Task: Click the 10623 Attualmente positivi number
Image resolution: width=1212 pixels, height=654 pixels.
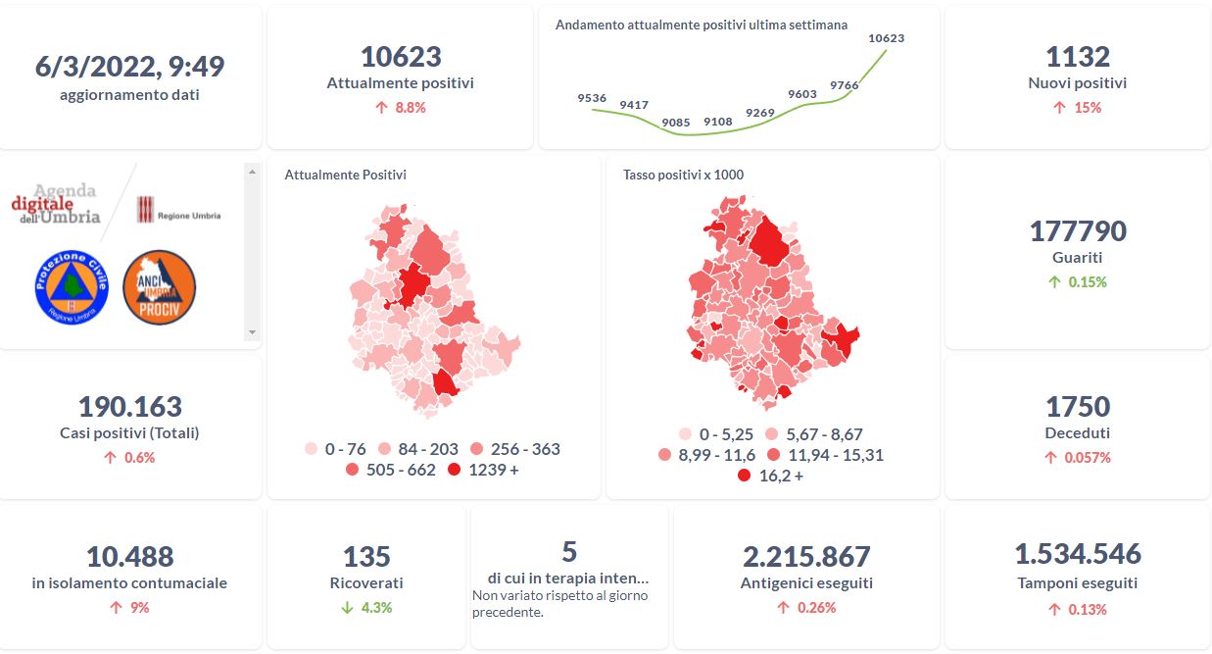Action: [401, 57]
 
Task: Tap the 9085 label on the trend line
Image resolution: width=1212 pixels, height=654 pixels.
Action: [676, 123]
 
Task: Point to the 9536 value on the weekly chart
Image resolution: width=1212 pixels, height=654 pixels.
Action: [592, 98]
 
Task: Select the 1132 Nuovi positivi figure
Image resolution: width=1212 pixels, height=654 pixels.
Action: [1077, 57]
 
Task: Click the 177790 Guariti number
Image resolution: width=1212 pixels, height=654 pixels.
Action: [1077, 231]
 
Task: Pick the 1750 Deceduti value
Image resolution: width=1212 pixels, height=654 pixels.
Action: [1077, 406]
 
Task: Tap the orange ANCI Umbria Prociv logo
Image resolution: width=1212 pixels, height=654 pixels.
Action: [159, 286]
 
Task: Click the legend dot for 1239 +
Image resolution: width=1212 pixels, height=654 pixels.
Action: [454, 471]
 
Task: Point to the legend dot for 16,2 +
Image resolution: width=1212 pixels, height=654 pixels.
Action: [744, 476]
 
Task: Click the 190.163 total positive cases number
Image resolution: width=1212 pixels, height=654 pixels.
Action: [129, 406]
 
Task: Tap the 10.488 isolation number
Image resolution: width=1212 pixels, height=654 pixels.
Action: [129, 557]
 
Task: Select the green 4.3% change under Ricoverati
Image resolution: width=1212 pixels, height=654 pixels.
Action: [367, 608]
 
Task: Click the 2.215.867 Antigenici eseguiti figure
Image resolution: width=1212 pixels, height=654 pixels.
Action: [806, 557]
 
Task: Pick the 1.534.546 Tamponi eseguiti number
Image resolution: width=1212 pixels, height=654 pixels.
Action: [1077, 554]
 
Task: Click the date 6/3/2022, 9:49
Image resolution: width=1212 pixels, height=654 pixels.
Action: [129, 67]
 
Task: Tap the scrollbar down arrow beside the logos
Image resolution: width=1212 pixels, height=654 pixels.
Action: [252, 333]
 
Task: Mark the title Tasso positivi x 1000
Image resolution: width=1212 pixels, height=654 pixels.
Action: [683, 176]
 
